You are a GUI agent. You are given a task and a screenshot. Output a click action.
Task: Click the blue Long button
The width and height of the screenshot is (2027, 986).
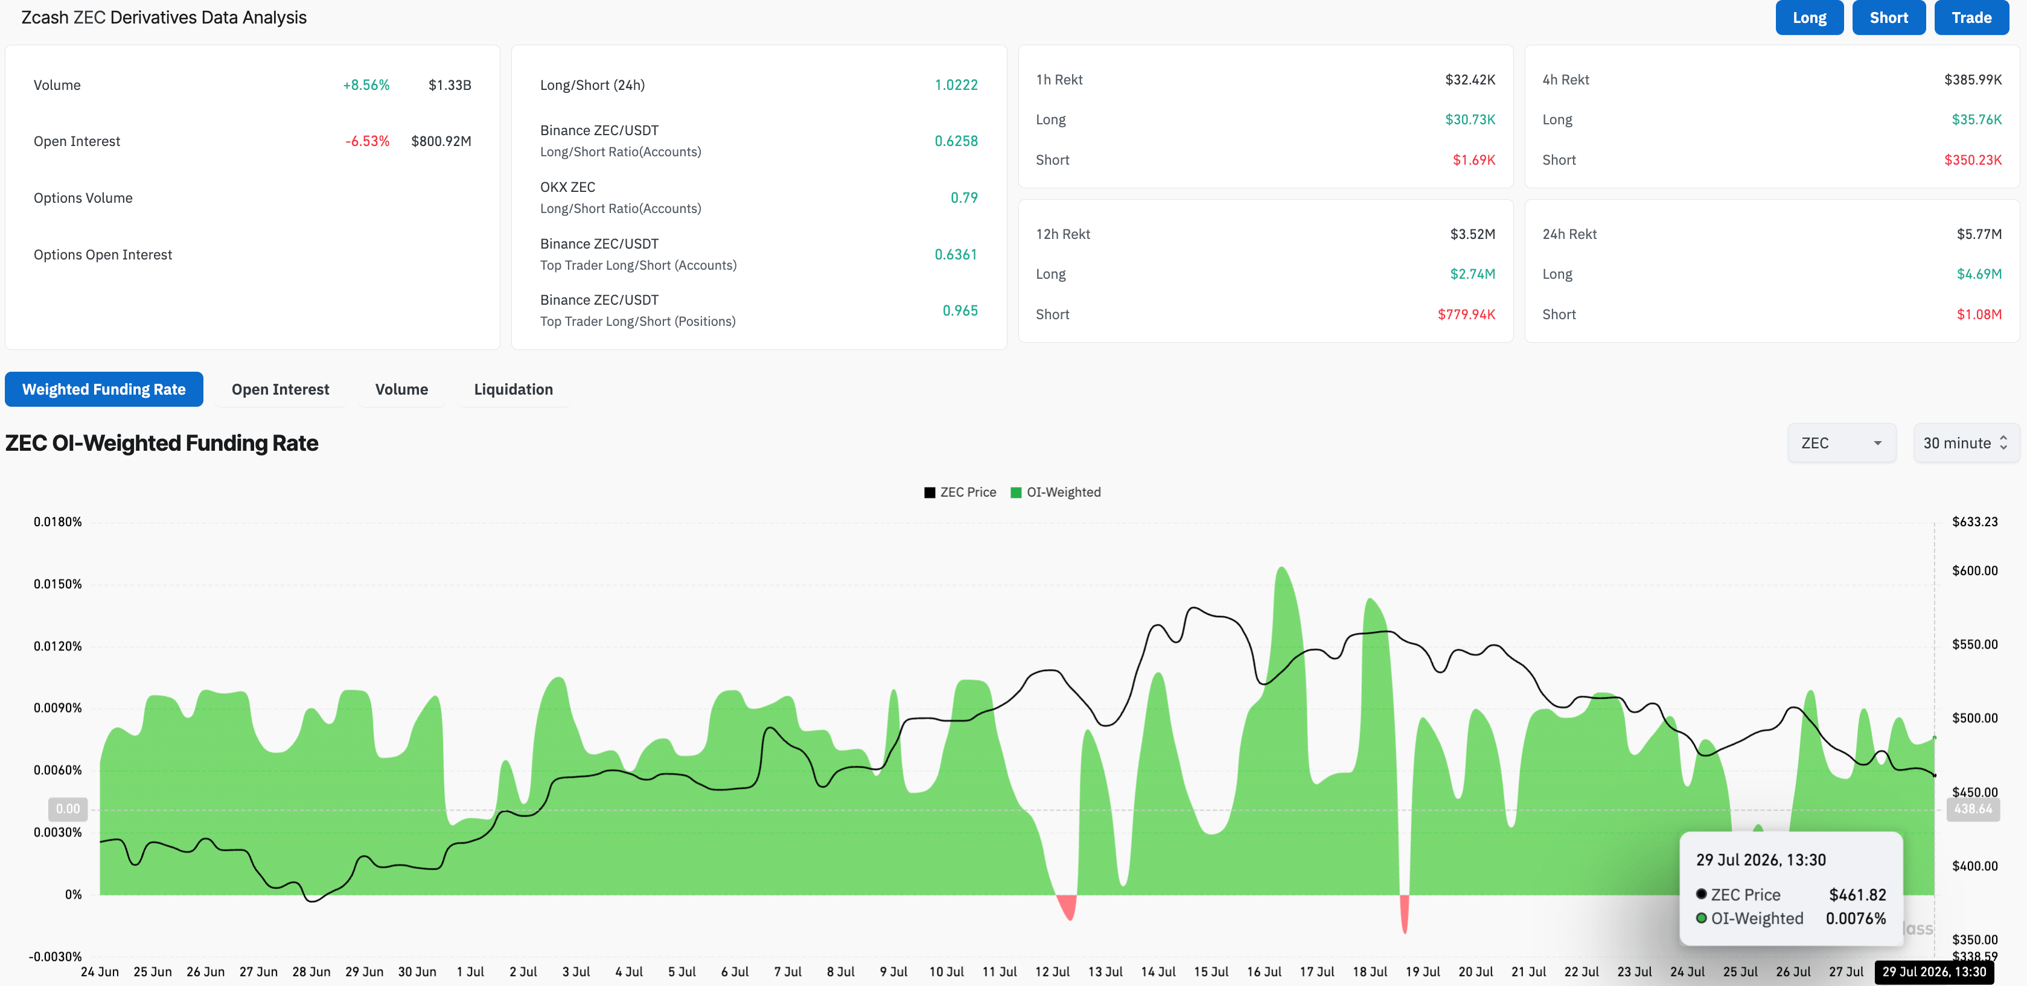[x=1809, y=17]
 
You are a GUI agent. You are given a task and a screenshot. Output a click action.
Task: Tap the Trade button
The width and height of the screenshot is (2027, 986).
[x=1971, y=17]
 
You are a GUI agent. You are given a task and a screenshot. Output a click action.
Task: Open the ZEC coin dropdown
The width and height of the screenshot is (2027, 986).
[x=1841, y=443]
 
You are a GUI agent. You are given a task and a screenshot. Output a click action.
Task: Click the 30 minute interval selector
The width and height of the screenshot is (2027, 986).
[x=1965, y=443]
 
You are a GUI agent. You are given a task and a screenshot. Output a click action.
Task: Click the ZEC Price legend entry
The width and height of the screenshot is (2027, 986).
[x=960, y=492]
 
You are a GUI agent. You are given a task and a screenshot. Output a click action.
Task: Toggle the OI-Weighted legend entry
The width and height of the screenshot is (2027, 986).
[x=1055, y=492]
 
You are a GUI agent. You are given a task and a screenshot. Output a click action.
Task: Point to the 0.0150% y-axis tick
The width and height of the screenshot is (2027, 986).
[x=57, y=584]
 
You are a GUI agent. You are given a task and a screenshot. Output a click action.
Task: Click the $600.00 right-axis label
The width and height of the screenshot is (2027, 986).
[x=1974, y=570]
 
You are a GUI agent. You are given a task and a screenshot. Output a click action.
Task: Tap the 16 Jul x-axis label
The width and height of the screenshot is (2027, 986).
[x=1264, y=972]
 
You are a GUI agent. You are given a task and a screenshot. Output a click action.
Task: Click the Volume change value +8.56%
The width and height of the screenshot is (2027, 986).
[x=366, y=85]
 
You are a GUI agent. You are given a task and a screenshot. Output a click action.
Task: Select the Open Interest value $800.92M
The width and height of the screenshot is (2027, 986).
[x=441, y=141]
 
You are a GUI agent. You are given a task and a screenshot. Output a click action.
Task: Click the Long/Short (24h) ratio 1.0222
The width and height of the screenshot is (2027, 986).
[x=956, y=85]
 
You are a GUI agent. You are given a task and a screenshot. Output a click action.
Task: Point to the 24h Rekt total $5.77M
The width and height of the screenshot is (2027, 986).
[x=1979, y=234]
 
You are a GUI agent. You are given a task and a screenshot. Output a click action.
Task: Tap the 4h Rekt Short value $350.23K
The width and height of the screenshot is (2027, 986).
[x=1973, y=160]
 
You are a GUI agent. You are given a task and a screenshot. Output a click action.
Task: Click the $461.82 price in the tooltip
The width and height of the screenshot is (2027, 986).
[x=1857, y=895]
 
